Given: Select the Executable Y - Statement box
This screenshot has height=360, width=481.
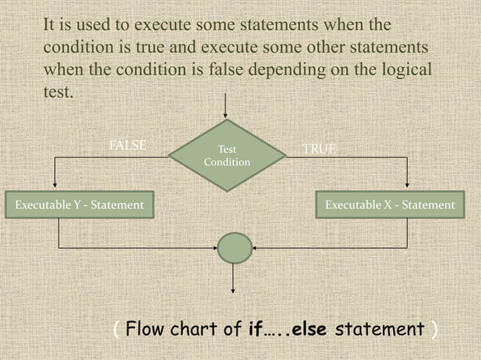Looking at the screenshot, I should coord(75,205).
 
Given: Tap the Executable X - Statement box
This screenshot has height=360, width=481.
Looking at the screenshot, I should coord(389,205).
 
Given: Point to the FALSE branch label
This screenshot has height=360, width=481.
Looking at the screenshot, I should coord(127,145).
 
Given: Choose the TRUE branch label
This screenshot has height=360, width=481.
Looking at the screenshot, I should coord(319,149).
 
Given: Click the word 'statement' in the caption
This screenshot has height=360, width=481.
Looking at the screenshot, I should coord(378,330).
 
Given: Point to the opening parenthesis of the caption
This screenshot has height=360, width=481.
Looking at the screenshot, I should coord(115,330).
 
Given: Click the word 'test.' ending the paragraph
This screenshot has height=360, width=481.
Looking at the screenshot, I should coord(57,95).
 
